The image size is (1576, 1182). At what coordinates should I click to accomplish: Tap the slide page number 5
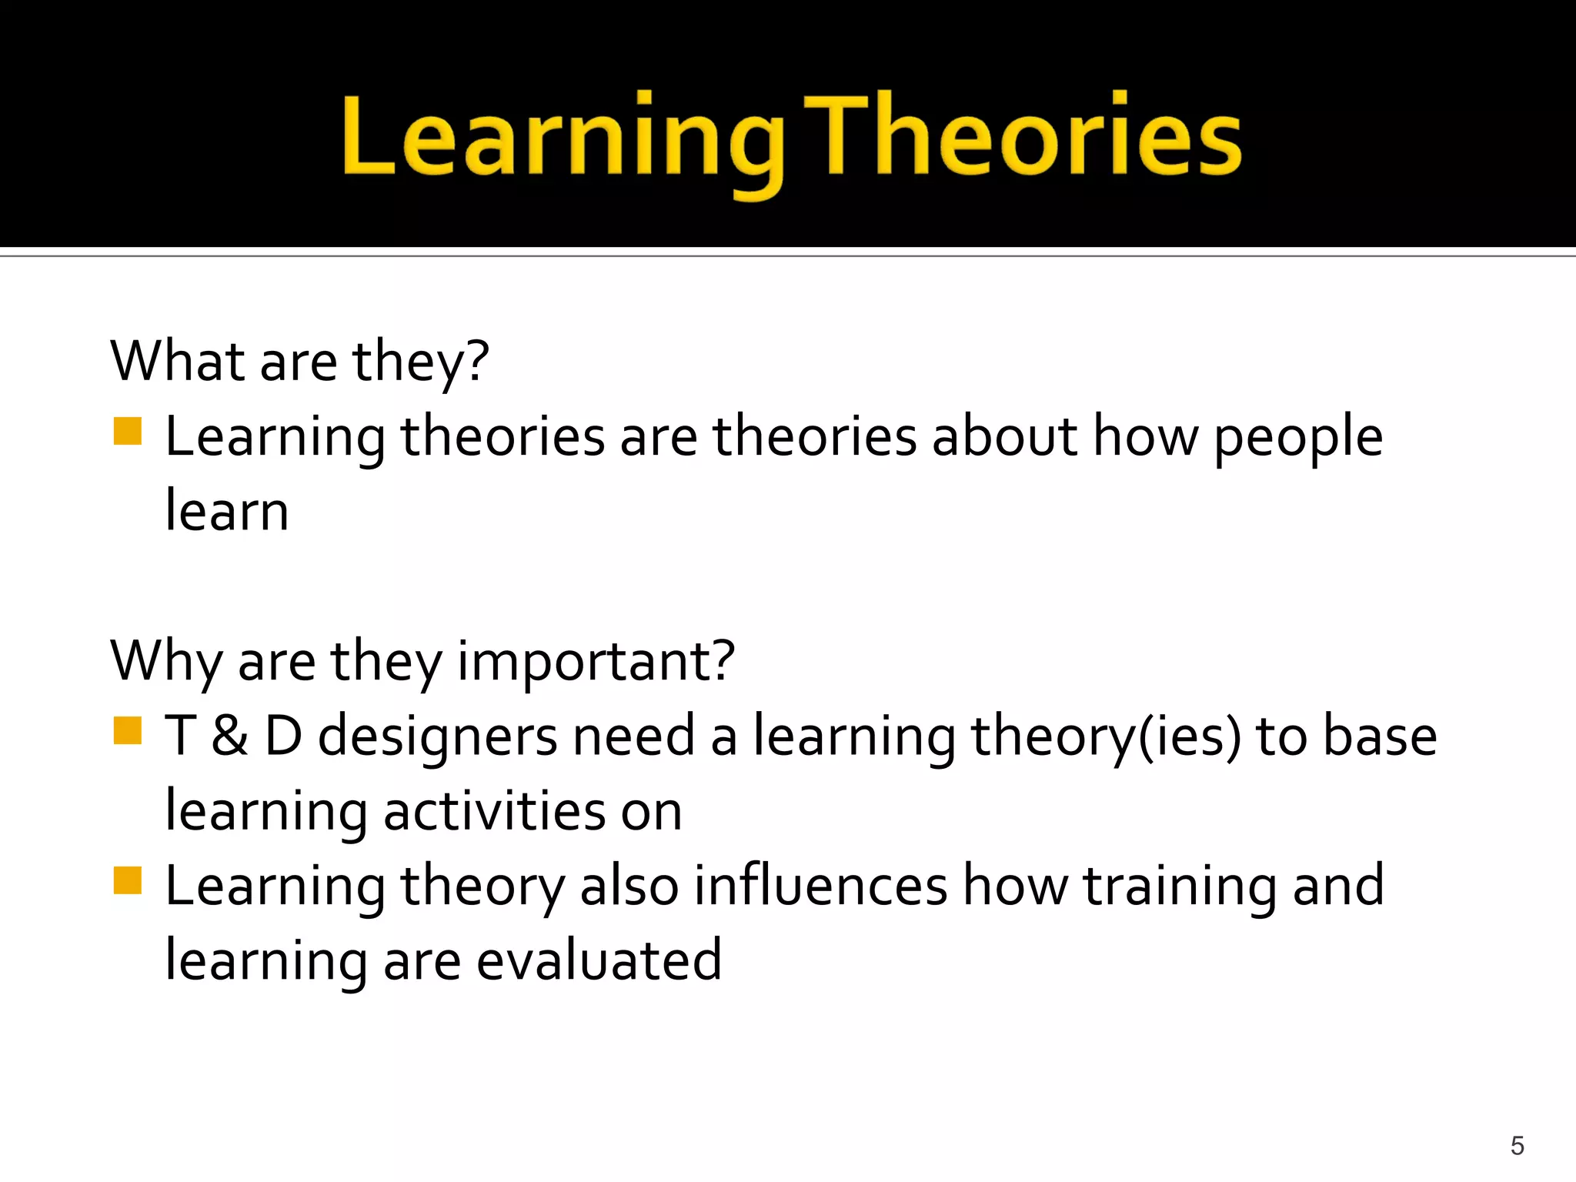1517,1146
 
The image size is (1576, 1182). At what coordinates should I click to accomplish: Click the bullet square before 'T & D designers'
128,731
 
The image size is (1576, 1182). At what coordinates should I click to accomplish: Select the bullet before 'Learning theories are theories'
128,432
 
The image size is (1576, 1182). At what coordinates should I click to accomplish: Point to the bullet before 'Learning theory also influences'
128,881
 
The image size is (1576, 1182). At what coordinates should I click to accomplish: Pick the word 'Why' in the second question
165,662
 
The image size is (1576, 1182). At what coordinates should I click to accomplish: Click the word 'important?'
596,662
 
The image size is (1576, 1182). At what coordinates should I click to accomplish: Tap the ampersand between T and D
229,736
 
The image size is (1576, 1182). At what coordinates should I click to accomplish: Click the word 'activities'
495,811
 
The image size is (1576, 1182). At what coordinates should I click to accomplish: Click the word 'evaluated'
599,960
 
